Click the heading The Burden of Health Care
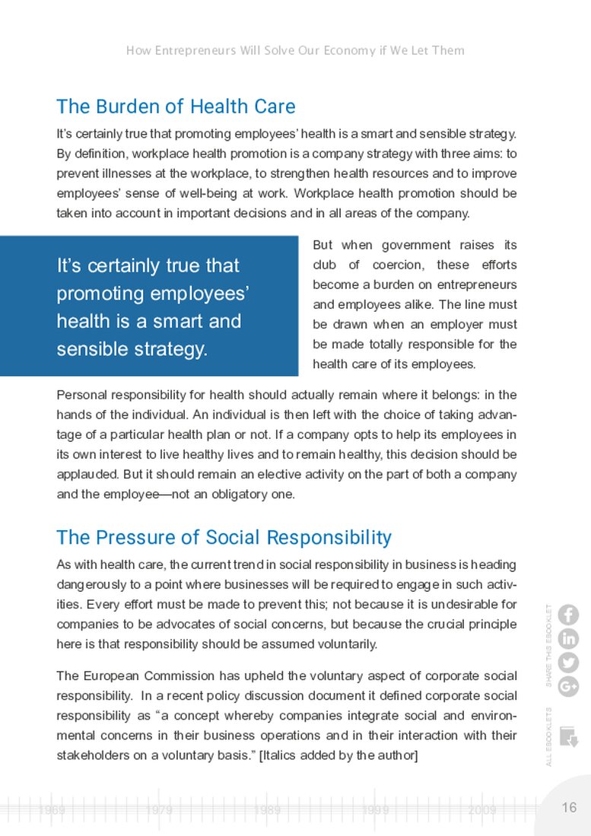pos(176,106)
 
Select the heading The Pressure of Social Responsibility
pos(224,538)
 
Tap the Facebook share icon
pos(568,615)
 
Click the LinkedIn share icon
pos(568,639)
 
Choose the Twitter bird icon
pos(568,663)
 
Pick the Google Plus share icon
pos(568,686)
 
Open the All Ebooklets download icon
pos(568,736)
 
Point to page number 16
pos(569,808)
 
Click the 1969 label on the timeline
pos(52,811)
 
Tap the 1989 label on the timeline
pos(268,811)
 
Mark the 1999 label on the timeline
pos(376,811)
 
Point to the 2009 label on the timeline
pos(483,811)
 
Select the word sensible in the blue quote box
pos(90,349)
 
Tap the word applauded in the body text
pos(88,474)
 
